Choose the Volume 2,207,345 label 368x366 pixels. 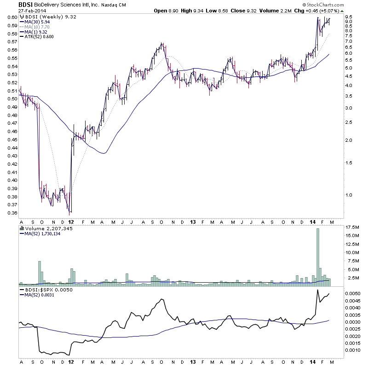(46, 228)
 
